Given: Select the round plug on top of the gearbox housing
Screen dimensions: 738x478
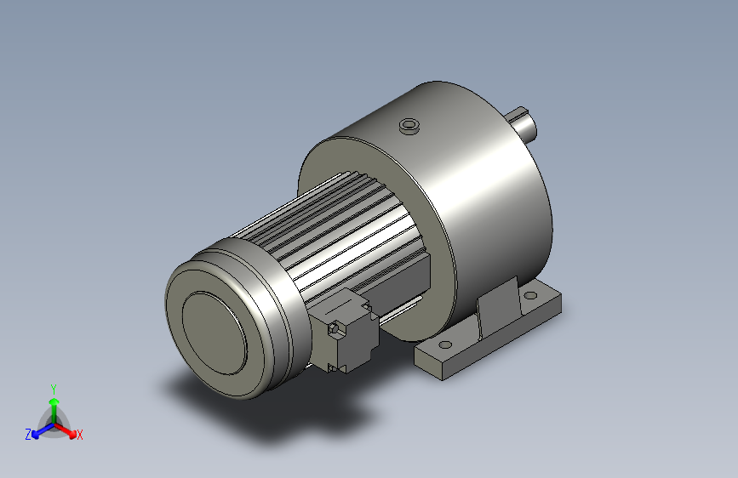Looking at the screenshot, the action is pyautogui.click(x=409, y=126).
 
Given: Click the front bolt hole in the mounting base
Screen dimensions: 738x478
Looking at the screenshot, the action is pyautogui.click(x=445, y=344).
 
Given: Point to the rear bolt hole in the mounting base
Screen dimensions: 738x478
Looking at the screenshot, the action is pyautogui.click(x=530, y=295).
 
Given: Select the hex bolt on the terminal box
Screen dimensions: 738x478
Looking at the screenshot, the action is pyautogui.click(x=335, y=329).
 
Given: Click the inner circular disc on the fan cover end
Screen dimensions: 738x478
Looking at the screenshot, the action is pyautogui.click(x=215, y=333).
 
